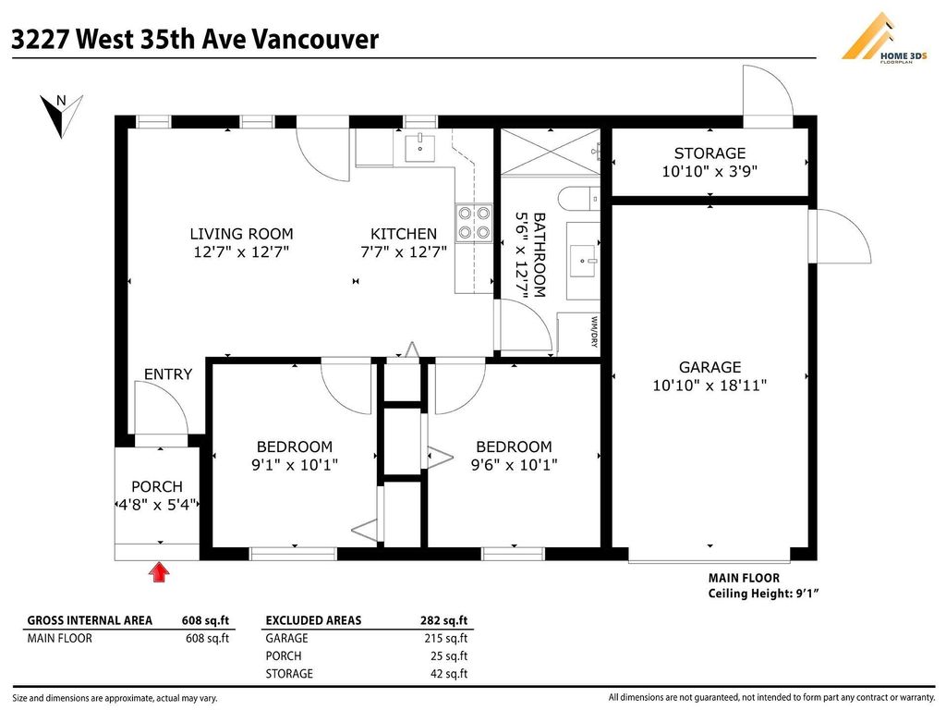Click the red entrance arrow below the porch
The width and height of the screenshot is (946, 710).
(159, 572)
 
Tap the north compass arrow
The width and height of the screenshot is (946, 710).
(61, 115)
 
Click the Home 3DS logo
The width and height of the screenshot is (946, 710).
(884, 37)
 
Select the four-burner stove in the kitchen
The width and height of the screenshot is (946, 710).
(474, 223)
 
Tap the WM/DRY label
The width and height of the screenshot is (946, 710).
(594, 332)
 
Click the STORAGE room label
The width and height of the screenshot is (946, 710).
(709, 153)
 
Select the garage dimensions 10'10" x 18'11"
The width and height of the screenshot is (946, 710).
(709, 386)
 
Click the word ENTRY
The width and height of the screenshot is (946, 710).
(168, 374)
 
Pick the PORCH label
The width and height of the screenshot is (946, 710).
(157, 486)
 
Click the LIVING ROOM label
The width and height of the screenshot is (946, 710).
(241, 234)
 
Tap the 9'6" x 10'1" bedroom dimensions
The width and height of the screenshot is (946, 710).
(514, 465)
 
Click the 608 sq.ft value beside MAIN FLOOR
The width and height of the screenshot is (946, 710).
(207, 638)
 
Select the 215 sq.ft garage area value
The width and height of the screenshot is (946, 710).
(446, 638)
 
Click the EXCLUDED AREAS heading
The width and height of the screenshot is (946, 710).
(313, 620)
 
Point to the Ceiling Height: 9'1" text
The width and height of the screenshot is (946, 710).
(763, 594)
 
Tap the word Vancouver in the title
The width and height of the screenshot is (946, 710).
(315, 39)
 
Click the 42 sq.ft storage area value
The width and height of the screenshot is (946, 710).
(449, 673)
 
